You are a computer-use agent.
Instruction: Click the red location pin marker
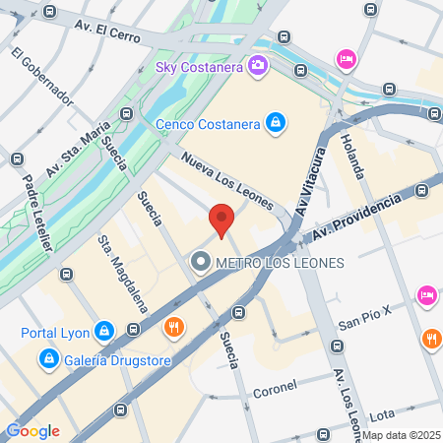221,220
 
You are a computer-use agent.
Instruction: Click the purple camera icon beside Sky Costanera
258,66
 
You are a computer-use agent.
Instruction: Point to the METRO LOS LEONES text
280,263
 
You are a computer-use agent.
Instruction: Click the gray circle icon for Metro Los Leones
200,262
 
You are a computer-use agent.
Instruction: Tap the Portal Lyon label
55,331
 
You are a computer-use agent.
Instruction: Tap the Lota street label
382,414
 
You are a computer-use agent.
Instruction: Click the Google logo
32,430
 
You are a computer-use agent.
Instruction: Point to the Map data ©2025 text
401,435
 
